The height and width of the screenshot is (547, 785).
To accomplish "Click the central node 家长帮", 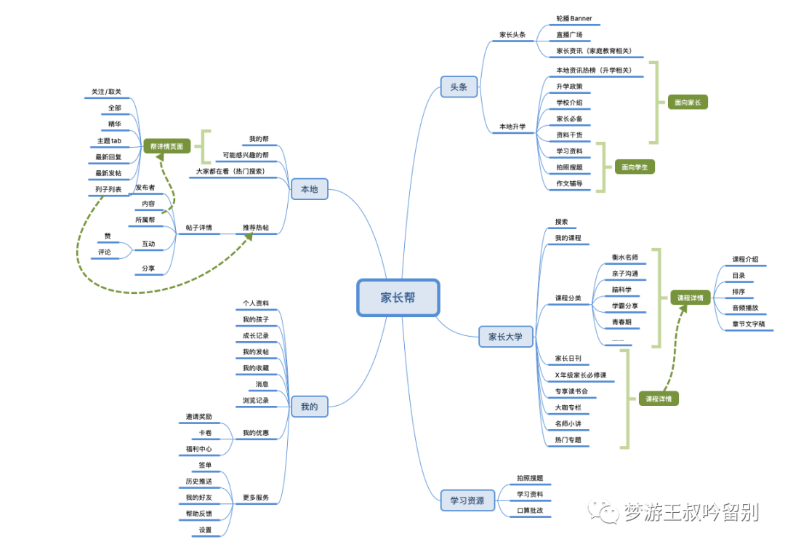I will click(398, 297).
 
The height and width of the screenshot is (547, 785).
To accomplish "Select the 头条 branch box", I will click(459, 87).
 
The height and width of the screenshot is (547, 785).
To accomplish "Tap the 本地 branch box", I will click(309, 190).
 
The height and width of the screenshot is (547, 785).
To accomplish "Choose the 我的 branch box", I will click(309, 407).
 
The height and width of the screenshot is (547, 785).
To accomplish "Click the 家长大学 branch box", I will click(505, 337).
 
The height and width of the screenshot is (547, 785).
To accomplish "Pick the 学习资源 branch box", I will click(467, 500).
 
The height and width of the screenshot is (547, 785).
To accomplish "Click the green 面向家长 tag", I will click(687, 103).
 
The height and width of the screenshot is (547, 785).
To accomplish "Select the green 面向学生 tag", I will click(634, 167).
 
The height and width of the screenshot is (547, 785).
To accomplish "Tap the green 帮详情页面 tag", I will click(166, 146).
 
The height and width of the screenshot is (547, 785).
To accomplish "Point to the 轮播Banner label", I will click(574, 18).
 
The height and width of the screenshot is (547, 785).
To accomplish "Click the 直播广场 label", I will click(569, 35).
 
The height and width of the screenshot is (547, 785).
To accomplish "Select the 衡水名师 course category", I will click(624, 257).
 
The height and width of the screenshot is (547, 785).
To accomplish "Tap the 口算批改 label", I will click(530, 511).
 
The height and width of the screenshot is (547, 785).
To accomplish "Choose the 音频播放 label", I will click(746, 308).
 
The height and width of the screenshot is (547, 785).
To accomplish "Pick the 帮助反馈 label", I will click(199, 514).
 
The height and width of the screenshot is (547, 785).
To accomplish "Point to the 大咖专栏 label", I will click(568, 407).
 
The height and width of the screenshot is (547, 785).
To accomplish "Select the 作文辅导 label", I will click(569, 184).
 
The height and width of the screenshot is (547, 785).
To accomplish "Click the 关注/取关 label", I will click(106, 92).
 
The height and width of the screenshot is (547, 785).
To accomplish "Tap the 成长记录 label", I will click(255, 335).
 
